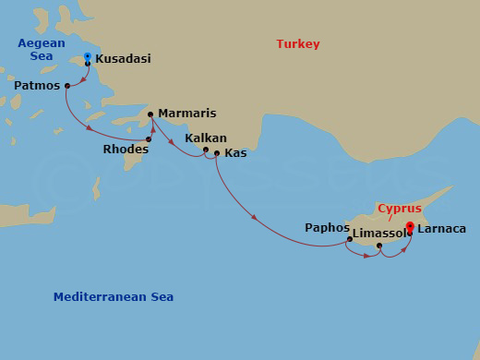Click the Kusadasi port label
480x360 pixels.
coord(123,59)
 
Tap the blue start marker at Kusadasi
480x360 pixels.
coord(87,58)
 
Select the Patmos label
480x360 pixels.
coord(37,85)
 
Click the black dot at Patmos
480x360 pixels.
coord(67,86)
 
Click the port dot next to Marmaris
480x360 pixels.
coord(153,115)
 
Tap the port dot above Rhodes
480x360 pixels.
coord(148,139)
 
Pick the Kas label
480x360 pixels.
coord(235,152)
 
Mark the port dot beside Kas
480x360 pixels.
coord(216,153)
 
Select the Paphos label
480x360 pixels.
coord(327,227)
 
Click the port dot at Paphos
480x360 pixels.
coord(349,240)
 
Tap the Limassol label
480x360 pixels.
coord(378,234)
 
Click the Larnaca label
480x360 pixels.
coord(441,228)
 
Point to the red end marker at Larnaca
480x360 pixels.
coord(409,225)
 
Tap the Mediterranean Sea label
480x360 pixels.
coord(113,297)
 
